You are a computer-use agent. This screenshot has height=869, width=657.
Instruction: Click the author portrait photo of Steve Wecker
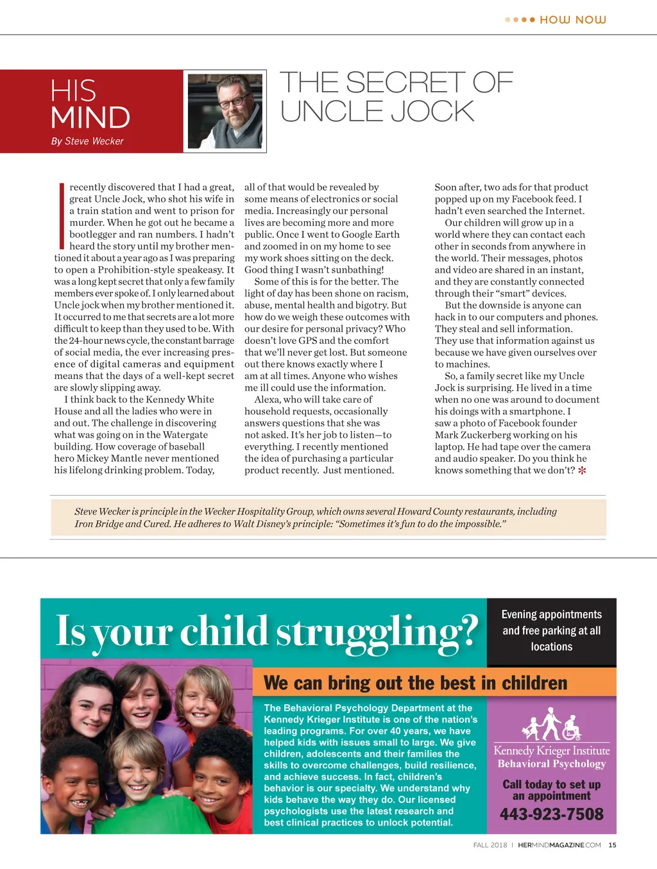tap(225, 111)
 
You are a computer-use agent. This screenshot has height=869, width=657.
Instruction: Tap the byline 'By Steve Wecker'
tap(87, 141)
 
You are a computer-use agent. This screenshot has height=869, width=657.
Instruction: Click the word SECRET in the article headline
tap(405, 83)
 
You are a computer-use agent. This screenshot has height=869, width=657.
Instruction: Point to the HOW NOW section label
tap(572, 20)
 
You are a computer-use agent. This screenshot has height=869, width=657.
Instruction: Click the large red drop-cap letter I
tap(62, 216)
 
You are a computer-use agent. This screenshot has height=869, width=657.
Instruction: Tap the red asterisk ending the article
tap(582, 471)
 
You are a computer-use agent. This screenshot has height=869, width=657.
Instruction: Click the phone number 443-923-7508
tap(552, 814)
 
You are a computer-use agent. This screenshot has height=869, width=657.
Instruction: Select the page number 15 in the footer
tap(612, 845)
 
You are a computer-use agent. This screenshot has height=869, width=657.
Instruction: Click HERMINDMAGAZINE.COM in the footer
tap(559, 845)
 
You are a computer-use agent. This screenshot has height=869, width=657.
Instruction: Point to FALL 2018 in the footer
tap(490, 845)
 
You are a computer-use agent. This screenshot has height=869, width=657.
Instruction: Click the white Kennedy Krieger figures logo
tap(551, 725)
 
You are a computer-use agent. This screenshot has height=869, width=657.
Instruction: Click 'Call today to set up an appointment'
tap(552, 790)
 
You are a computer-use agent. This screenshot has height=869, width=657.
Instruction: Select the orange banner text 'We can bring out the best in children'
tap(415, 683)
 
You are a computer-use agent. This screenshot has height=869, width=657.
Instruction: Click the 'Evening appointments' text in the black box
tap(552, 614)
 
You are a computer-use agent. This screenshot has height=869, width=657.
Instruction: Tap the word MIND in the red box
tap(90, 118)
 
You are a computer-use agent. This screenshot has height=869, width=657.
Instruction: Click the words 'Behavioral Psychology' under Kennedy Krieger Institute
tap(552, 764)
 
